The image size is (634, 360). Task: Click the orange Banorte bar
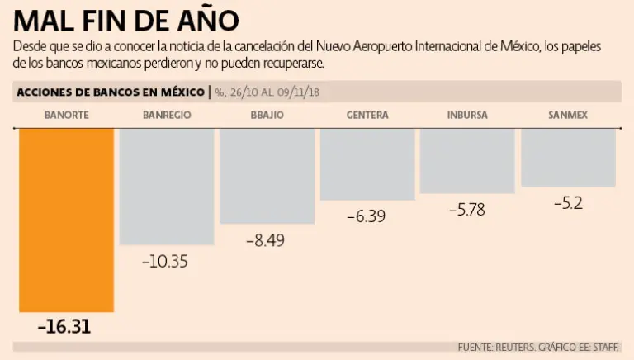(x=66, y=219)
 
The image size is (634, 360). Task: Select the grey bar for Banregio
(x=167, y=186)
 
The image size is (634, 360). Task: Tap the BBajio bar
(x=267, y=175)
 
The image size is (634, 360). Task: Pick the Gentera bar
(x=367, y=163)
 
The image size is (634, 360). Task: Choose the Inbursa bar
(x=466, y=160)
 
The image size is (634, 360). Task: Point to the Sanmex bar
(x=568, y=157)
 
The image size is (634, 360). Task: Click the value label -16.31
(x=64, y=327)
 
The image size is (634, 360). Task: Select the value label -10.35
(x=165, y=262)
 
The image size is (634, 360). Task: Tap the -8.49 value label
(x=266, y=241)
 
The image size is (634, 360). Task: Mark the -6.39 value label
(x=367, y=217)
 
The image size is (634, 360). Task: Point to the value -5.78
(x=466, y=211)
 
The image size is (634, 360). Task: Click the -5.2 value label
(x=568, y=203)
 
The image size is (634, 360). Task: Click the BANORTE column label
(x=66, y=115)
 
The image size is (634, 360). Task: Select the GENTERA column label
(x=367, y=115)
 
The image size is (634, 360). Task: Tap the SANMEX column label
(x=568, y=115)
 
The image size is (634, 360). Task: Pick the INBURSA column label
(x=466, y=115)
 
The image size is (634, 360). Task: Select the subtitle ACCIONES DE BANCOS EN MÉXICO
(x=111, y=92)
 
